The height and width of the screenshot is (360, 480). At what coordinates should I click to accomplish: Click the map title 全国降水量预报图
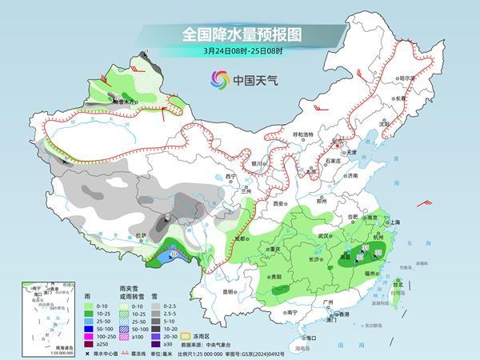[x=240, y=34]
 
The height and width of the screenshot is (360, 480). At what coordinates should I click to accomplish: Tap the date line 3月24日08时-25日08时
[x=240, y=54]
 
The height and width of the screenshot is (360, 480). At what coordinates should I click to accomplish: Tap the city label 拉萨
[x=142, y=235]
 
